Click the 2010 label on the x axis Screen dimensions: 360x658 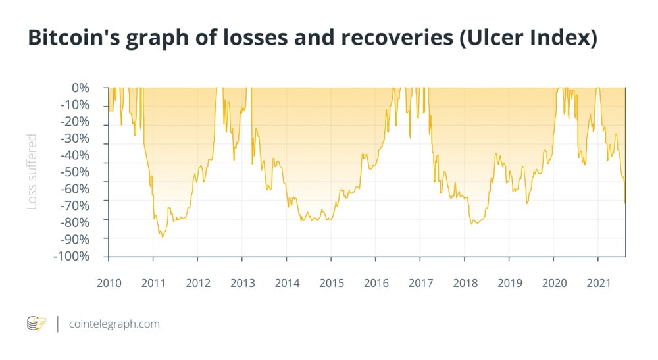click(x=109, y=283)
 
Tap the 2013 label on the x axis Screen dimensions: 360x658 click(x=242, y=283)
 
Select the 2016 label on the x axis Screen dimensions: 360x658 click(x=376, y=283)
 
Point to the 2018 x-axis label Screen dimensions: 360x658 click(x=465, y=283)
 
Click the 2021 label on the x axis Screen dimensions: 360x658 click(x=598, y=283)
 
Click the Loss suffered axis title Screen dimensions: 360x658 click(x=32, y=172)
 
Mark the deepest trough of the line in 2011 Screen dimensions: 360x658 click(x=162, y=237)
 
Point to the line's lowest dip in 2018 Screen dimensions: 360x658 click(x=474, y=224)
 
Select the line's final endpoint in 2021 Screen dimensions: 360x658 click(x=624, y=203)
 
